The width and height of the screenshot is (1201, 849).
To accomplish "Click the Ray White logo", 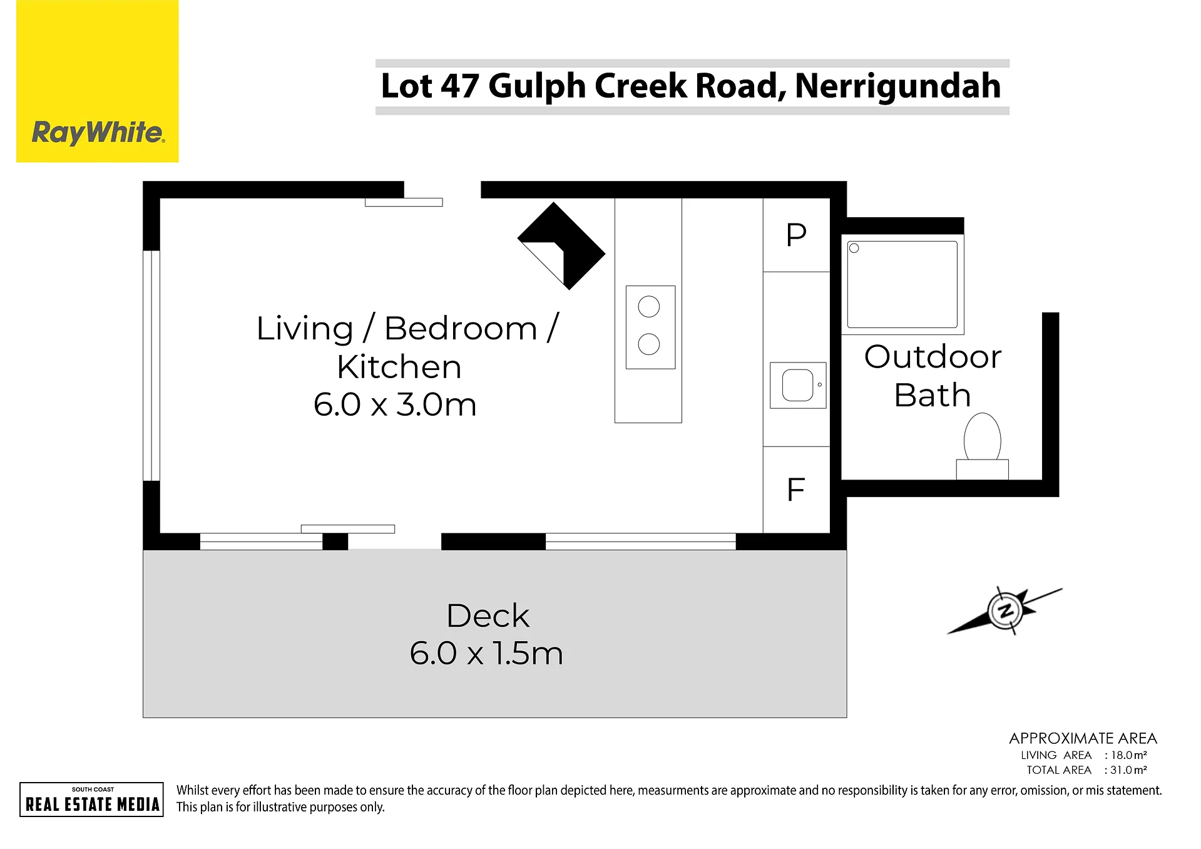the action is (98, 81).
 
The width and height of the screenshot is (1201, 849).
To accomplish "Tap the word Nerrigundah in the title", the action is (897, 86).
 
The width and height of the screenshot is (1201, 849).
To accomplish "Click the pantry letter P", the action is (796, 235).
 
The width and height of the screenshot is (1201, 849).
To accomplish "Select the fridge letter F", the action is (795, 490).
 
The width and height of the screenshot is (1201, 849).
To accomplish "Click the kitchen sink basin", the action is (797, 385).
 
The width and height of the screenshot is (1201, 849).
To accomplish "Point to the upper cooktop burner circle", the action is (649, 307).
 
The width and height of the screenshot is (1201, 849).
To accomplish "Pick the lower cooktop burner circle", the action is (649, 344).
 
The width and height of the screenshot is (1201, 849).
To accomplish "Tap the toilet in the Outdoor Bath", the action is (982, 446).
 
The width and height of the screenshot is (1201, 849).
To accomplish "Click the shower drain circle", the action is (854, 249).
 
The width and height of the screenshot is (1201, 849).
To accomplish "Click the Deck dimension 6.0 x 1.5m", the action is (486, 654).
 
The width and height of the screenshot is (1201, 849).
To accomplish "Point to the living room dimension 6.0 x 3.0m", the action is (395, 404).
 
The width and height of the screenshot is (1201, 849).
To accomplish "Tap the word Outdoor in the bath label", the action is (933, 357).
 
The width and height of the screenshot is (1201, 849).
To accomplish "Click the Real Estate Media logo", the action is (91, 800).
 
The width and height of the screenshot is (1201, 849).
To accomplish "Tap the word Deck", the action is (488, 616).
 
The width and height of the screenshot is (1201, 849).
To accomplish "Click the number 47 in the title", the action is (460, 86).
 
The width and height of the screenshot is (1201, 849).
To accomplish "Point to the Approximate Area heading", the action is (1083, 738).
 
